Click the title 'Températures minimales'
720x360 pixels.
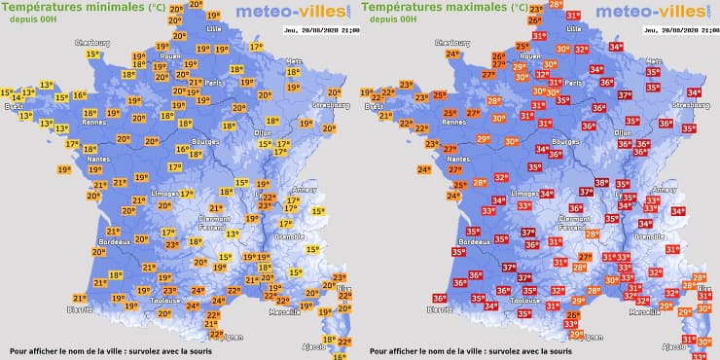[73, 8]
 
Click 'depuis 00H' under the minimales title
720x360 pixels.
[32, 20]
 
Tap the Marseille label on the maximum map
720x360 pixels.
[644, 312]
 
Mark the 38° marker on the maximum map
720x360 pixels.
[601, 183]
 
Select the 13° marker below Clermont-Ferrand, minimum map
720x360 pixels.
[232, 234]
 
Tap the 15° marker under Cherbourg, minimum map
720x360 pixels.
[92, 54]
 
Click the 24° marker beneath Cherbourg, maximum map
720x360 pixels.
[451, 54]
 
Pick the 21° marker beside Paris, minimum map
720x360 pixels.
[195, 83]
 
